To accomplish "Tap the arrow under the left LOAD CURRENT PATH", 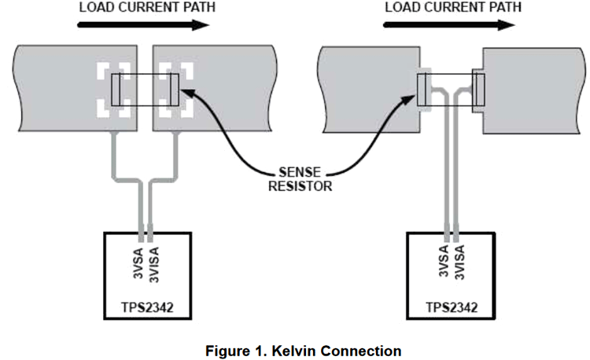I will pyautogui.click(x=142, y=25).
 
